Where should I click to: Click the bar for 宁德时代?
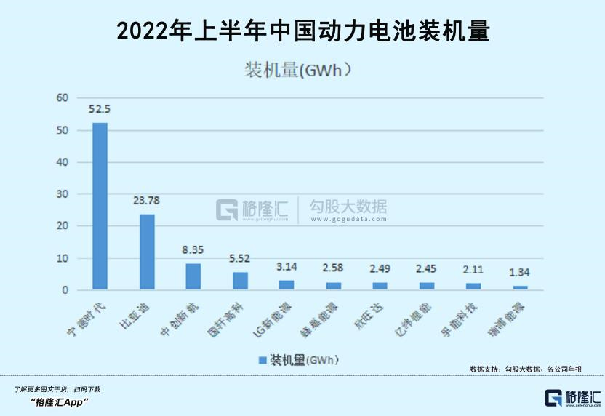coord(100,206)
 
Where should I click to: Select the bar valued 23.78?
coord(147,252)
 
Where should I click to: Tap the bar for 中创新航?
coord(193,276)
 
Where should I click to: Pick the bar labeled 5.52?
coord(240,281)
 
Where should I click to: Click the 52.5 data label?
coord(100,110)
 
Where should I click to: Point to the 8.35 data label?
coord(193,249)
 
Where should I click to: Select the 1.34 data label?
coord(520,272)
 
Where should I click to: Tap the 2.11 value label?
coord(473,269)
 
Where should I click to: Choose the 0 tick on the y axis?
coord(65,290)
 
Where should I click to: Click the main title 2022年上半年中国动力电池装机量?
coord(302,30)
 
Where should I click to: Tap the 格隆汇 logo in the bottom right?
coord(573,398)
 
